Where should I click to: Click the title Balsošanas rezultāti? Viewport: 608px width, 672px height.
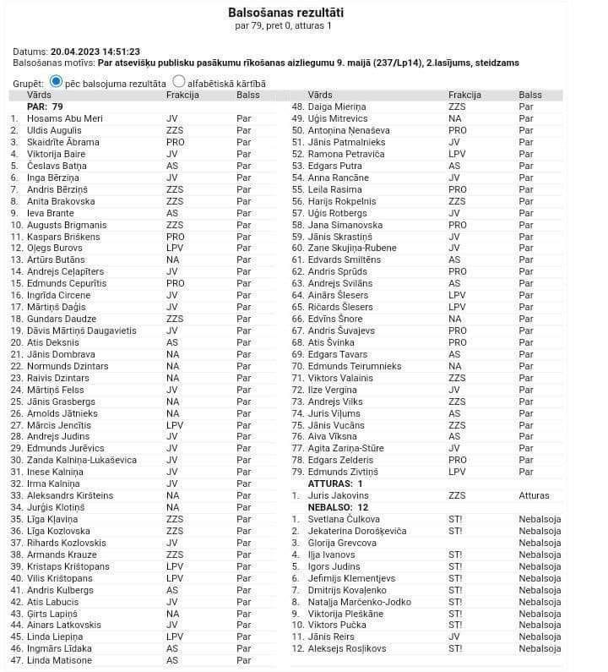[286, 12]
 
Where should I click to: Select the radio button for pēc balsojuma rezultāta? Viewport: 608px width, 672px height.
[57, 82]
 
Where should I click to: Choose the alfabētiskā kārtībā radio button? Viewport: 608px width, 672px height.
[179, 82]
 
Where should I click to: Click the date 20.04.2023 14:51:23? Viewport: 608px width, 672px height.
[95, 52]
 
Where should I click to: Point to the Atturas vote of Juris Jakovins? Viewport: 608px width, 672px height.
[534, 495]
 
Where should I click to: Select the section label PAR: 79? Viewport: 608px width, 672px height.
[46, 107]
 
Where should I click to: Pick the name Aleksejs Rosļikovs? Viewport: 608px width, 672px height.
[347, 649]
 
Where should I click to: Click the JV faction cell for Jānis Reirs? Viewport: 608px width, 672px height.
[454, 637]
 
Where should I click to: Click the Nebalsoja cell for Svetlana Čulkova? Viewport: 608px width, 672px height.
[540, 519]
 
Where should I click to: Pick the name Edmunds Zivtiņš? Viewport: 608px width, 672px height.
[343, 472]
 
